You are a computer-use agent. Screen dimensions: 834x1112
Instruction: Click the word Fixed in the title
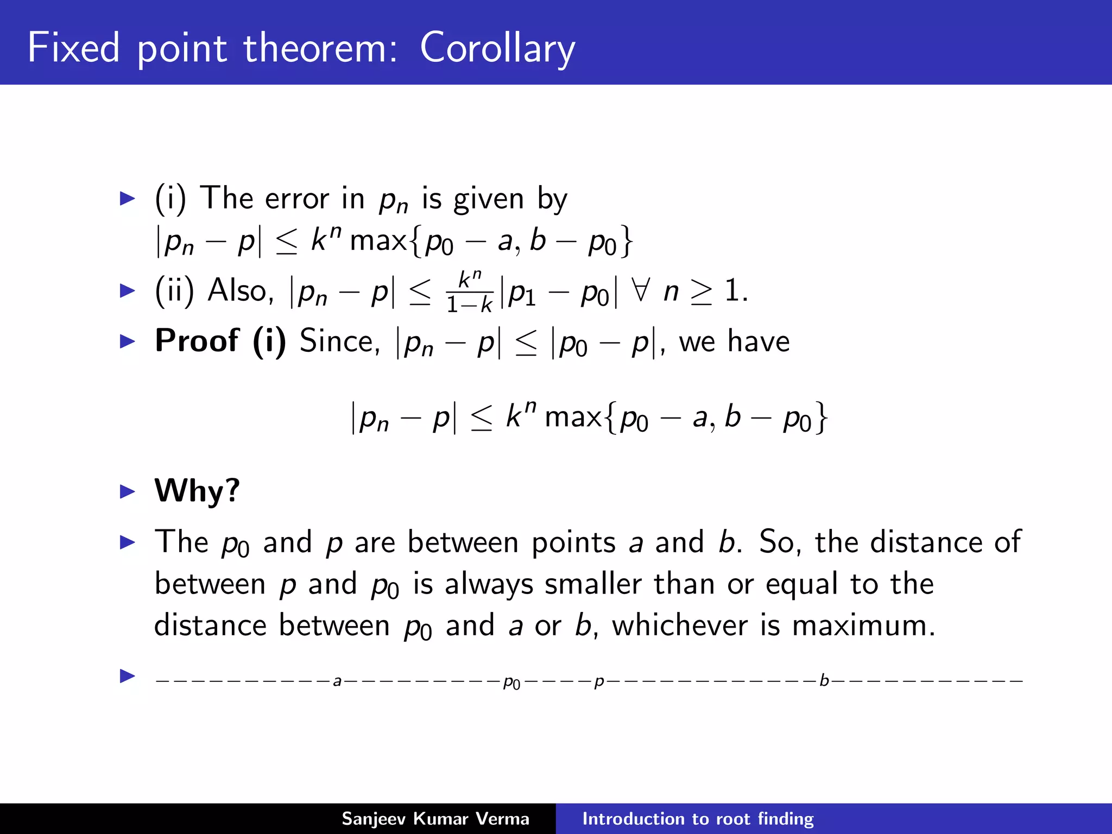73,48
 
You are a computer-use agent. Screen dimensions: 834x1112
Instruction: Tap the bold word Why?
197,491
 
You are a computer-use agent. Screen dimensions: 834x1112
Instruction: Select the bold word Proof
197,342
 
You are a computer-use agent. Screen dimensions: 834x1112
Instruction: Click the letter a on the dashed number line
337,681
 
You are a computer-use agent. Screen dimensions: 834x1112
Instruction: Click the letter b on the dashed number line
824,680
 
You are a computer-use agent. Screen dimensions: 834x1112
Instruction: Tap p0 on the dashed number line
511,682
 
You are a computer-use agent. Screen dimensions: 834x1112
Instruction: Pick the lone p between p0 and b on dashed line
599,682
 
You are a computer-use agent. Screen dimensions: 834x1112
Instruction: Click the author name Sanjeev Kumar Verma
435,819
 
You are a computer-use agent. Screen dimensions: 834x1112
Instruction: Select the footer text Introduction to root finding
698,819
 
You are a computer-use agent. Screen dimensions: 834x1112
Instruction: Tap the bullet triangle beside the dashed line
127,676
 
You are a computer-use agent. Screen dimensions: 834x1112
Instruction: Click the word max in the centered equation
573,418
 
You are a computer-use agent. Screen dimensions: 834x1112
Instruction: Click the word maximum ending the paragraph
863,625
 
